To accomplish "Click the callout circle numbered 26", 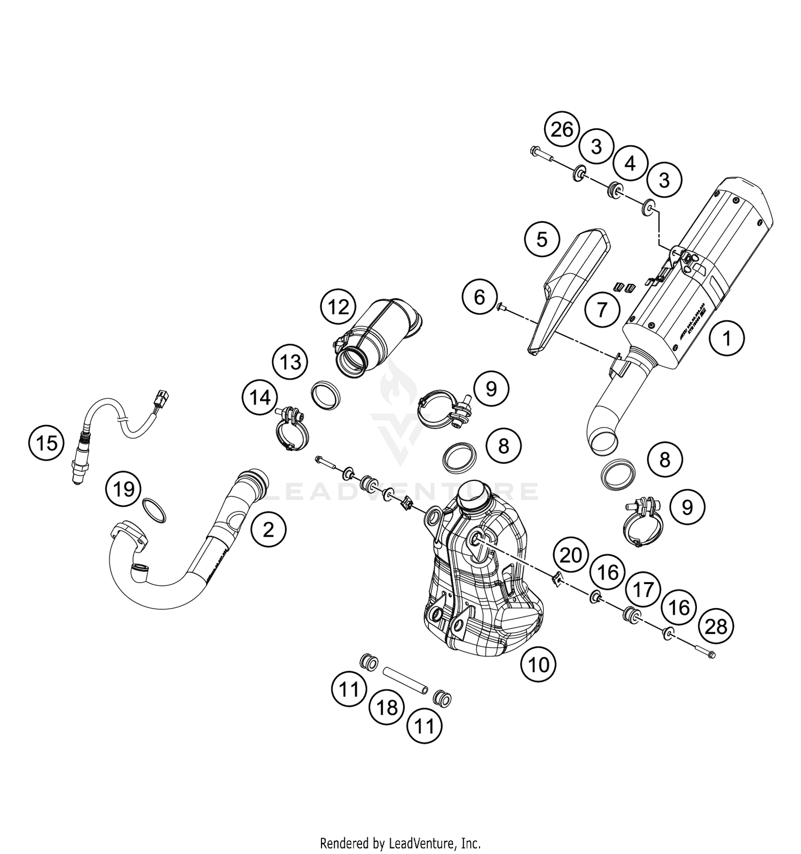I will pos(562,130).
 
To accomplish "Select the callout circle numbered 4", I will pos(631,164).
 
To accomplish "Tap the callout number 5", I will pos(541,239).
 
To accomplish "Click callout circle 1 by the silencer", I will pos(726,338).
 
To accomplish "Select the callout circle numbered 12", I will pos(339,307).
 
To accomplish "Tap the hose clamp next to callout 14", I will pos(291,428).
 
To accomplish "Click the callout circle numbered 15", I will pos(47,443).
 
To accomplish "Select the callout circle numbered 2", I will pos(268,530).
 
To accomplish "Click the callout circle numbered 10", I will pos(538,665).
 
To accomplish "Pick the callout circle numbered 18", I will pos(387,708).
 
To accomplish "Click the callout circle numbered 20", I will pos(570,556).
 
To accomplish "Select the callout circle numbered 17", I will pos(643,590).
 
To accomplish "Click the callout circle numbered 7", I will pos(602,309).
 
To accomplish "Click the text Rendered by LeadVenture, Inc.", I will pos(400,844).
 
